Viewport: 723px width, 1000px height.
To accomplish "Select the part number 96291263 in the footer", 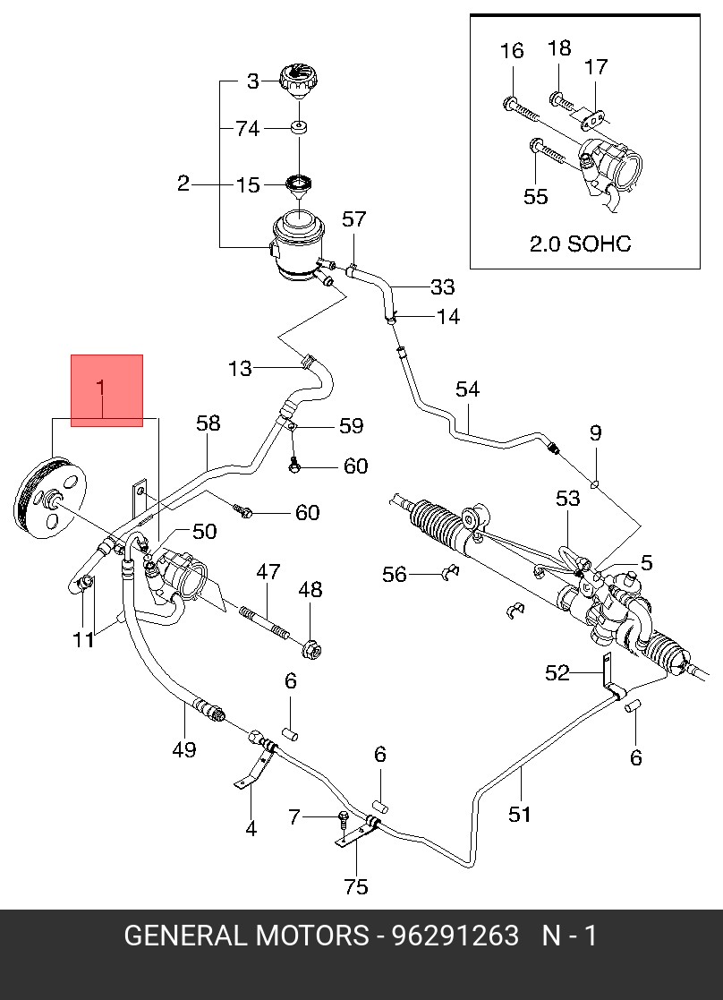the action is [455, 936].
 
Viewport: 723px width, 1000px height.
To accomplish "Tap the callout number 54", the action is [467, 389].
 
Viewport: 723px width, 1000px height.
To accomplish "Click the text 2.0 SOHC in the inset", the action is [580, 244].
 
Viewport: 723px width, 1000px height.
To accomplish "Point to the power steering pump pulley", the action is [50, 498].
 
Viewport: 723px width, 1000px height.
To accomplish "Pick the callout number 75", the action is [356, 886].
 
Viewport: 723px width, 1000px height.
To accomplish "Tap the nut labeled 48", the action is [311, 650].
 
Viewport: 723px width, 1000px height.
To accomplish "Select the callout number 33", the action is [442, 287].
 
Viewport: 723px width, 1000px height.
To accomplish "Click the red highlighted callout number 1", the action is [101, 388].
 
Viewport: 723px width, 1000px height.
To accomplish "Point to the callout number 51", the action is [520, 814].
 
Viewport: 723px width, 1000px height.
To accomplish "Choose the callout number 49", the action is [183, 749].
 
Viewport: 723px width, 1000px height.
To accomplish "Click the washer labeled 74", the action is [299, 127].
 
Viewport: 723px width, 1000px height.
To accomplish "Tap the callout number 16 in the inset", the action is [511, 50].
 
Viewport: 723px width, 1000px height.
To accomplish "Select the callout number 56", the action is [395, 574].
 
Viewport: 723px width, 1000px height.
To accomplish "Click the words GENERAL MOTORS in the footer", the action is [246, 936].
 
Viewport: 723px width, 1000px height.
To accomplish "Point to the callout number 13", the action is [240, 368].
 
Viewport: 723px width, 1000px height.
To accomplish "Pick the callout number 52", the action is [557, 672].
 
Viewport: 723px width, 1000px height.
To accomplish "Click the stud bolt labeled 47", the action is [265, 623].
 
